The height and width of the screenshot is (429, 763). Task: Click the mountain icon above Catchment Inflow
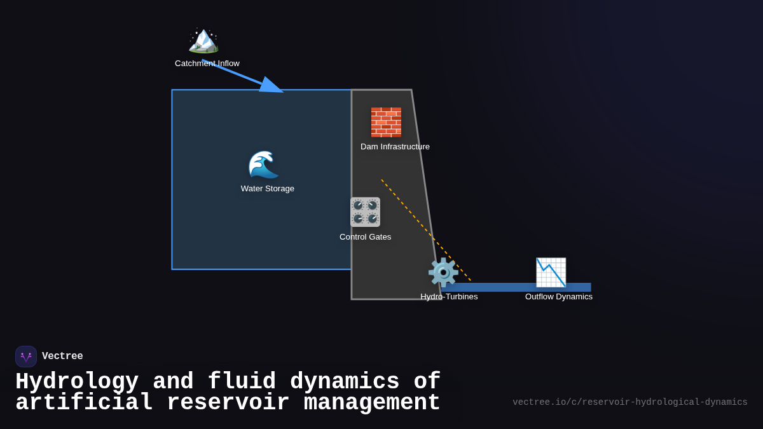coord(203,40)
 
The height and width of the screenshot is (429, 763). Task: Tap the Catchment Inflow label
coord(207,64)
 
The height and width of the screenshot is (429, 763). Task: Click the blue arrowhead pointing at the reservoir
coord(273,86)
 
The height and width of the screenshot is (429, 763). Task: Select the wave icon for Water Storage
coord(263,165)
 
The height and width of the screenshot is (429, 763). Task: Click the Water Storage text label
coord(268,189)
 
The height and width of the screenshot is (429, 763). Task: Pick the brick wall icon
coord(386,122)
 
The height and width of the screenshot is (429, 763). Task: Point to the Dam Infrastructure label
coord(395,147)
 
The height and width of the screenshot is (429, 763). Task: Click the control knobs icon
coord(365,212)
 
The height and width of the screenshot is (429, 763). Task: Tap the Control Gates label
coord(365,237)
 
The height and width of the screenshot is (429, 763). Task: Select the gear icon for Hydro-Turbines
coord(443,272)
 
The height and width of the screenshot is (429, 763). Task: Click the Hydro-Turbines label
coord(449,297)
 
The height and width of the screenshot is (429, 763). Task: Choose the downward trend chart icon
coord(551,272)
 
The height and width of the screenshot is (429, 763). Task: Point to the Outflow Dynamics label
coord(559,297)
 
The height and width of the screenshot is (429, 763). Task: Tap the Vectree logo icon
coord(26,357)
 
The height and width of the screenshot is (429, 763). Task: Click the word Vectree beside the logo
coord(62,357)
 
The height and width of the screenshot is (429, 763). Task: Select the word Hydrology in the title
coord(77,382)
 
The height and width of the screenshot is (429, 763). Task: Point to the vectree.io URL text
coord(629,402)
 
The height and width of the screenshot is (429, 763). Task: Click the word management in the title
coord(372,403)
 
